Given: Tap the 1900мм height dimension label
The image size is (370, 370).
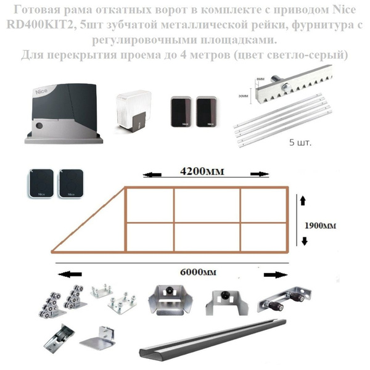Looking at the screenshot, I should [x=320, y=226].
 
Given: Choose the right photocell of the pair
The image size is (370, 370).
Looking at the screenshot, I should [x=207, y=112].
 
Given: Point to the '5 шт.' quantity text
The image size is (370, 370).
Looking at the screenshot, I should [x=300, y=141].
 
